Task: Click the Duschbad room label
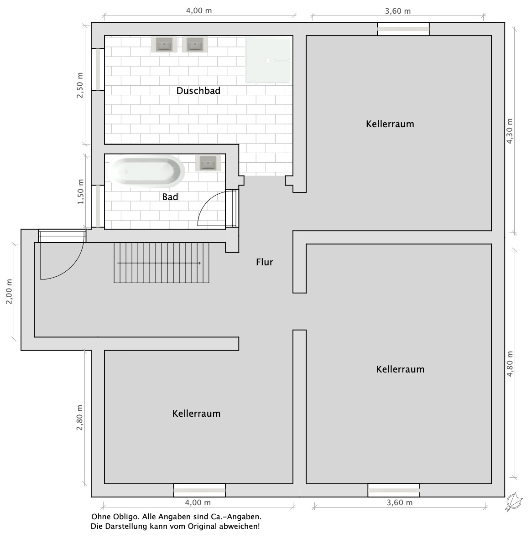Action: click(x=198, y=91)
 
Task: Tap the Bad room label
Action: click(x=170, y=197)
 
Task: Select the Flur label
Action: click(x=265, y=262)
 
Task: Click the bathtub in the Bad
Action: click(x=146, y=171)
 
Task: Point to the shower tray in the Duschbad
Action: click(x=268, y=60)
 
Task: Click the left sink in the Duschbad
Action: click(x=164, y=45)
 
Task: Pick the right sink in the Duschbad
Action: click(x=195, y=45)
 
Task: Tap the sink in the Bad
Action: click(x=208, y=163)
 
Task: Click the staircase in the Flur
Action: click(x=162, y=263)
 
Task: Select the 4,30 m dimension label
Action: click(x=510, y=131)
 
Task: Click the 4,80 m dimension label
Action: click(x=510, y=364)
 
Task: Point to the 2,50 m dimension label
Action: click(x=80, y=85)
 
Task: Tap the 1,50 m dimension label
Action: click(x=80, y=192)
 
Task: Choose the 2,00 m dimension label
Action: click(x=9, y=291)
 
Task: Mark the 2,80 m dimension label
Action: click(x=80, y=418)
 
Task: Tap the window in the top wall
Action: click(x=403, y=29)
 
